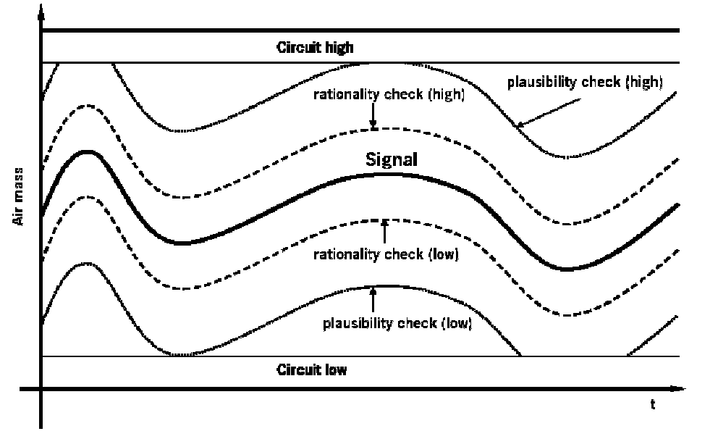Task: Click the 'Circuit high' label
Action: [x=315, y=49]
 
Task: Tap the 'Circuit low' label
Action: [x=312, y=370]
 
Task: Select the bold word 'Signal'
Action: [x=392, y=160]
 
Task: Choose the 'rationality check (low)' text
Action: [x=386, y=255]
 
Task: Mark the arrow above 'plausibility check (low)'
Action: [x=373, y=300]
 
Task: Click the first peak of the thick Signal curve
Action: [x=88, y=151]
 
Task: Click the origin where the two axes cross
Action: [x=41, y=390]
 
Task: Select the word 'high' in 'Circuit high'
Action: [x=338, y=49]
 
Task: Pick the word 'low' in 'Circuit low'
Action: [x=337, y=370]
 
